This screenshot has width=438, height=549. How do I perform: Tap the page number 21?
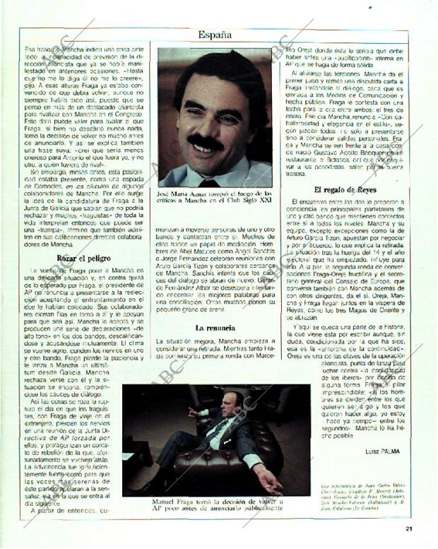coord(408,526)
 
